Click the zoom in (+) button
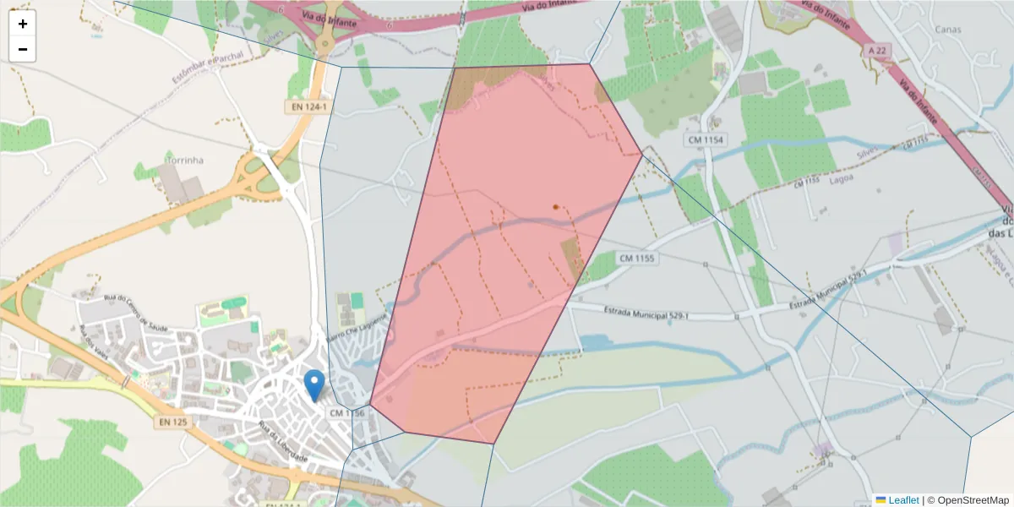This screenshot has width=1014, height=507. pos(23,24)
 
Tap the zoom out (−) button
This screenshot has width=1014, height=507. pos(23,49)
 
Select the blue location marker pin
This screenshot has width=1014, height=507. pos(314,384)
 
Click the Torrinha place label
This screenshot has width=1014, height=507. pos(185,160)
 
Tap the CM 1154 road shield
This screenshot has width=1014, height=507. pos(706,139)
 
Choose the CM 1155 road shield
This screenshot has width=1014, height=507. pos(637,258)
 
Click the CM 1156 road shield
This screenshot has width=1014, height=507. pos(347,413)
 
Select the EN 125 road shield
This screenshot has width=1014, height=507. pos(173,421)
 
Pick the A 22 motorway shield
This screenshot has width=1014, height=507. pos(877,52)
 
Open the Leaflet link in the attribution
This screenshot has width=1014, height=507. pos(903,500)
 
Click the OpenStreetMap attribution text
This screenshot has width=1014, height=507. pos(968,500)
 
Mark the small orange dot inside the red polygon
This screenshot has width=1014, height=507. pos(555,206)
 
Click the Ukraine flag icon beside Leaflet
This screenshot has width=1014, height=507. pos(880,500)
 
